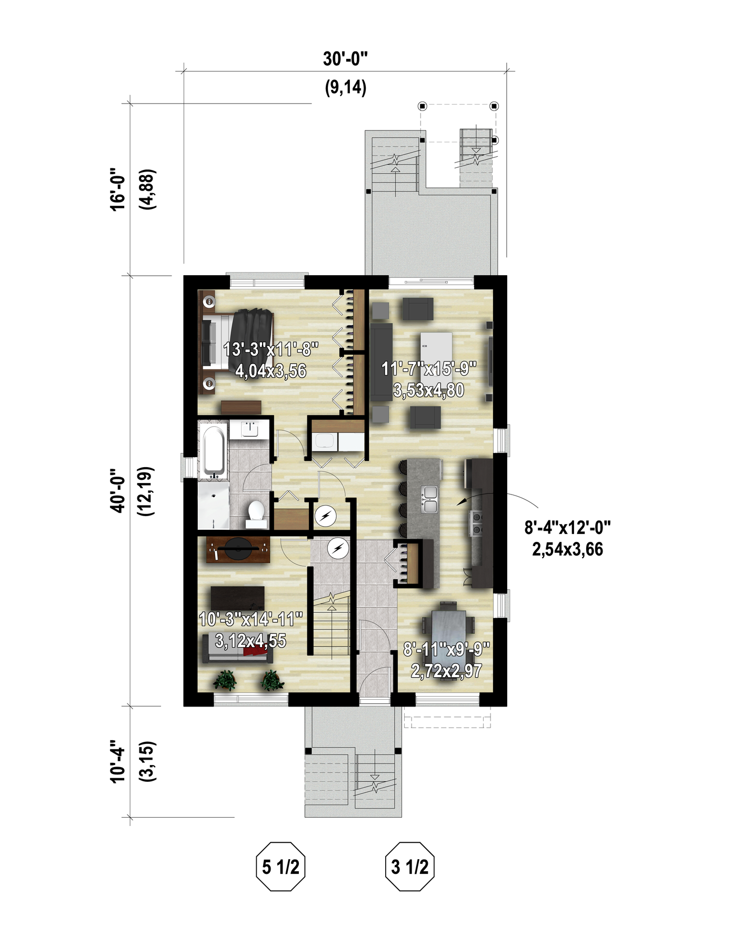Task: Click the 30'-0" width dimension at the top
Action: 345,58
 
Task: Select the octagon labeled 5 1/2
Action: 280,867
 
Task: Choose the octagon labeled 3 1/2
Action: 409,867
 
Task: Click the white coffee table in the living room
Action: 436,351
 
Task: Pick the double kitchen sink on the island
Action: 430,499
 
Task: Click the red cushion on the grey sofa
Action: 255,652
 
